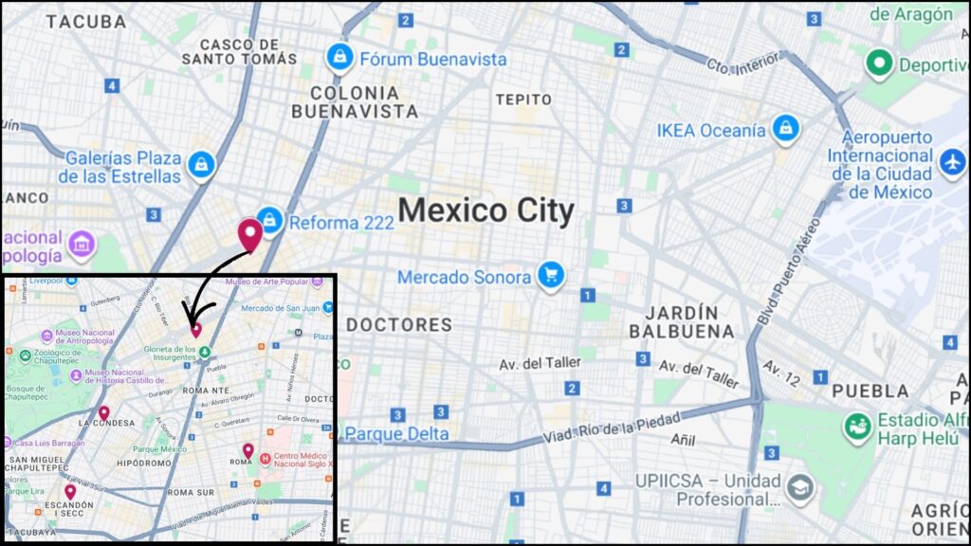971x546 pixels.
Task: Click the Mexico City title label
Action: point(485,210)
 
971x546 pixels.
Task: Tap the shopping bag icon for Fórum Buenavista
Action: point(339,59)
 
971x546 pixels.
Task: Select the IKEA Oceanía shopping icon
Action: point(785,130)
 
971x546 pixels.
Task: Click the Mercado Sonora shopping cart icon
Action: point(551,277)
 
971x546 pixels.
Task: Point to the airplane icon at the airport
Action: point(952,162)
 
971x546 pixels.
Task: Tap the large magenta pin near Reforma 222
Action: point(250,233)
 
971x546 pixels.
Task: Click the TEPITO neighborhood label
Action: point(522,100)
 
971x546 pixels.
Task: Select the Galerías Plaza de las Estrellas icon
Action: point(200,166)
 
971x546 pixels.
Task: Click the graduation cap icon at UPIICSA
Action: point(800,488)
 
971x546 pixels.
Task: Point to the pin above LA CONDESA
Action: point(103,413)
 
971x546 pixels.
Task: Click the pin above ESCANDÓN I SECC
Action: point(70,491)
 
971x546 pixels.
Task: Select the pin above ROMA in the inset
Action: point(247,449)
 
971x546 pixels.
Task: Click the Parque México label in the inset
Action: point(159,448)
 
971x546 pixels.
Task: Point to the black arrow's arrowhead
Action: point(189,319)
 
